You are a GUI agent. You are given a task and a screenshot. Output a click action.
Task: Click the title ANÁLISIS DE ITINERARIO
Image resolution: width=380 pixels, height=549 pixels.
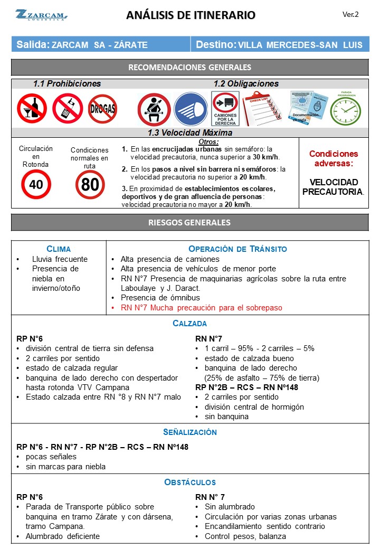click(191, 15)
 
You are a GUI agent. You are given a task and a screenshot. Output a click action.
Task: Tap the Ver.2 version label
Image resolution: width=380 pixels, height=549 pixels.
click(350, 14)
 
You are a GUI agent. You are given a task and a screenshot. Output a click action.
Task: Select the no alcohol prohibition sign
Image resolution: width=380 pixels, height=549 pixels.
click(32, 108)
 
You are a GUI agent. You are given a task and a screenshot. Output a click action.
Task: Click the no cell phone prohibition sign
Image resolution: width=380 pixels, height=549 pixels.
click(68, 108)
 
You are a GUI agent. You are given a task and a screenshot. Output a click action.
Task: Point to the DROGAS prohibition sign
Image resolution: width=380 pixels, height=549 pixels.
click(102, 109)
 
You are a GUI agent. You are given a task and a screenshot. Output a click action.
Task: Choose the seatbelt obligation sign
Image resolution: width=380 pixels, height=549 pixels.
click(154, 109)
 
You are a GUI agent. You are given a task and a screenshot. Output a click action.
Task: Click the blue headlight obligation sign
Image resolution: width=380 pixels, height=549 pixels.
click(191, 109)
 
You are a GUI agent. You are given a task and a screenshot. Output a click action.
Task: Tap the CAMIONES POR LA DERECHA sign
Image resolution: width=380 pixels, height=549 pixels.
click(225, 109)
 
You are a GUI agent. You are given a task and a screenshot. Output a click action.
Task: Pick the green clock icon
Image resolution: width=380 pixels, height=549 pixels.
click(346, 110)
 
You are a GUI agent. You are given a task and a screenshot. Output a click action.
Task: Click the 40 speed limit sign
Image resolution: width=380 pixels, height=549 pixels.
click(36, 184)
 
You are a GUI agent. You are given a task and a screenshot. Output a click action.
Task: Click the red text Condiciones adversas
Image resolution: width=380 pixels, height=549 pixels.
click(333, 159)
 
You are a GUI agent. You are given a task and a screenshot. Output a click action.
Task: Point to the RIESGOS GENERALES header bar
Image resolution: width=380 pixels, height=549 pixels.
click(189, 222)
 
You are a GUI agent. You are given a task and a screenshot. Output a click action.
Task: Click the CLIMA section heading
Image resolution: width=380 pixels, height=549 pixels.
click(59, 249)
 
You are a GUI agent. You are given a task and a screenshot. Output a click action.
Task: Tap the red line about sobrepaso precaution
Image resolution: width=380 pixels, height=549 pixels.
click(201, 308)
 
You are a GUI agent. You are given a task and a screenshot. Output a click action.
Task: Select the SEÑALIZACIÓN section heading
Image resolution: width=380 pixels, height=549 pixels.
click(190, 432)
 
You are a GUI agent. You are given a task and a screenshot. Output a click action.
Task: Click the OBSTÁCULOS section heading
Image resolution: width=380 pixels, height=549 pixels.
click(190, 482)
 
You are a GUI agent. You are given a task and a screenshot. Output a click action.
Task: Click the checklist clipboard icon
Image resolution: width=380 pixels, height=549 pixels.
click(262, 109)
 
